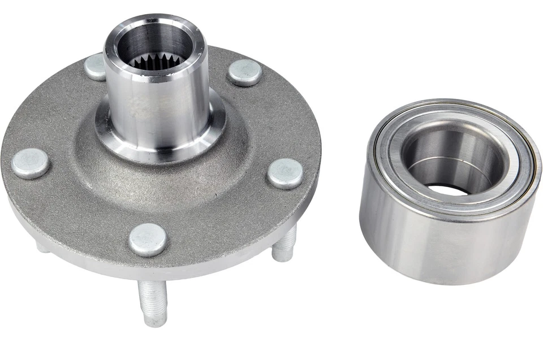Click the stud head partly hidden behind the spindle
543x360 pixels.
click(x=94, y=66)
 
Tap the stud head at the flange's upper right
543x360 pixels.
click(x=244, y=72)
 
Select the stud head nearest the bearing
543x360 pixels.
click(x=285, y=174)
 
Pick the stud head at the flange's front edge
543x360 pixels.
click(x=148, y=239)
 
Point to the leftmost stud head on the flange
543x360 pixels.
click(x=30, y=163)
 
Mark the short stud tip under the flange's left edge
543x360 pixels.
click(x=42, y=246)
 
